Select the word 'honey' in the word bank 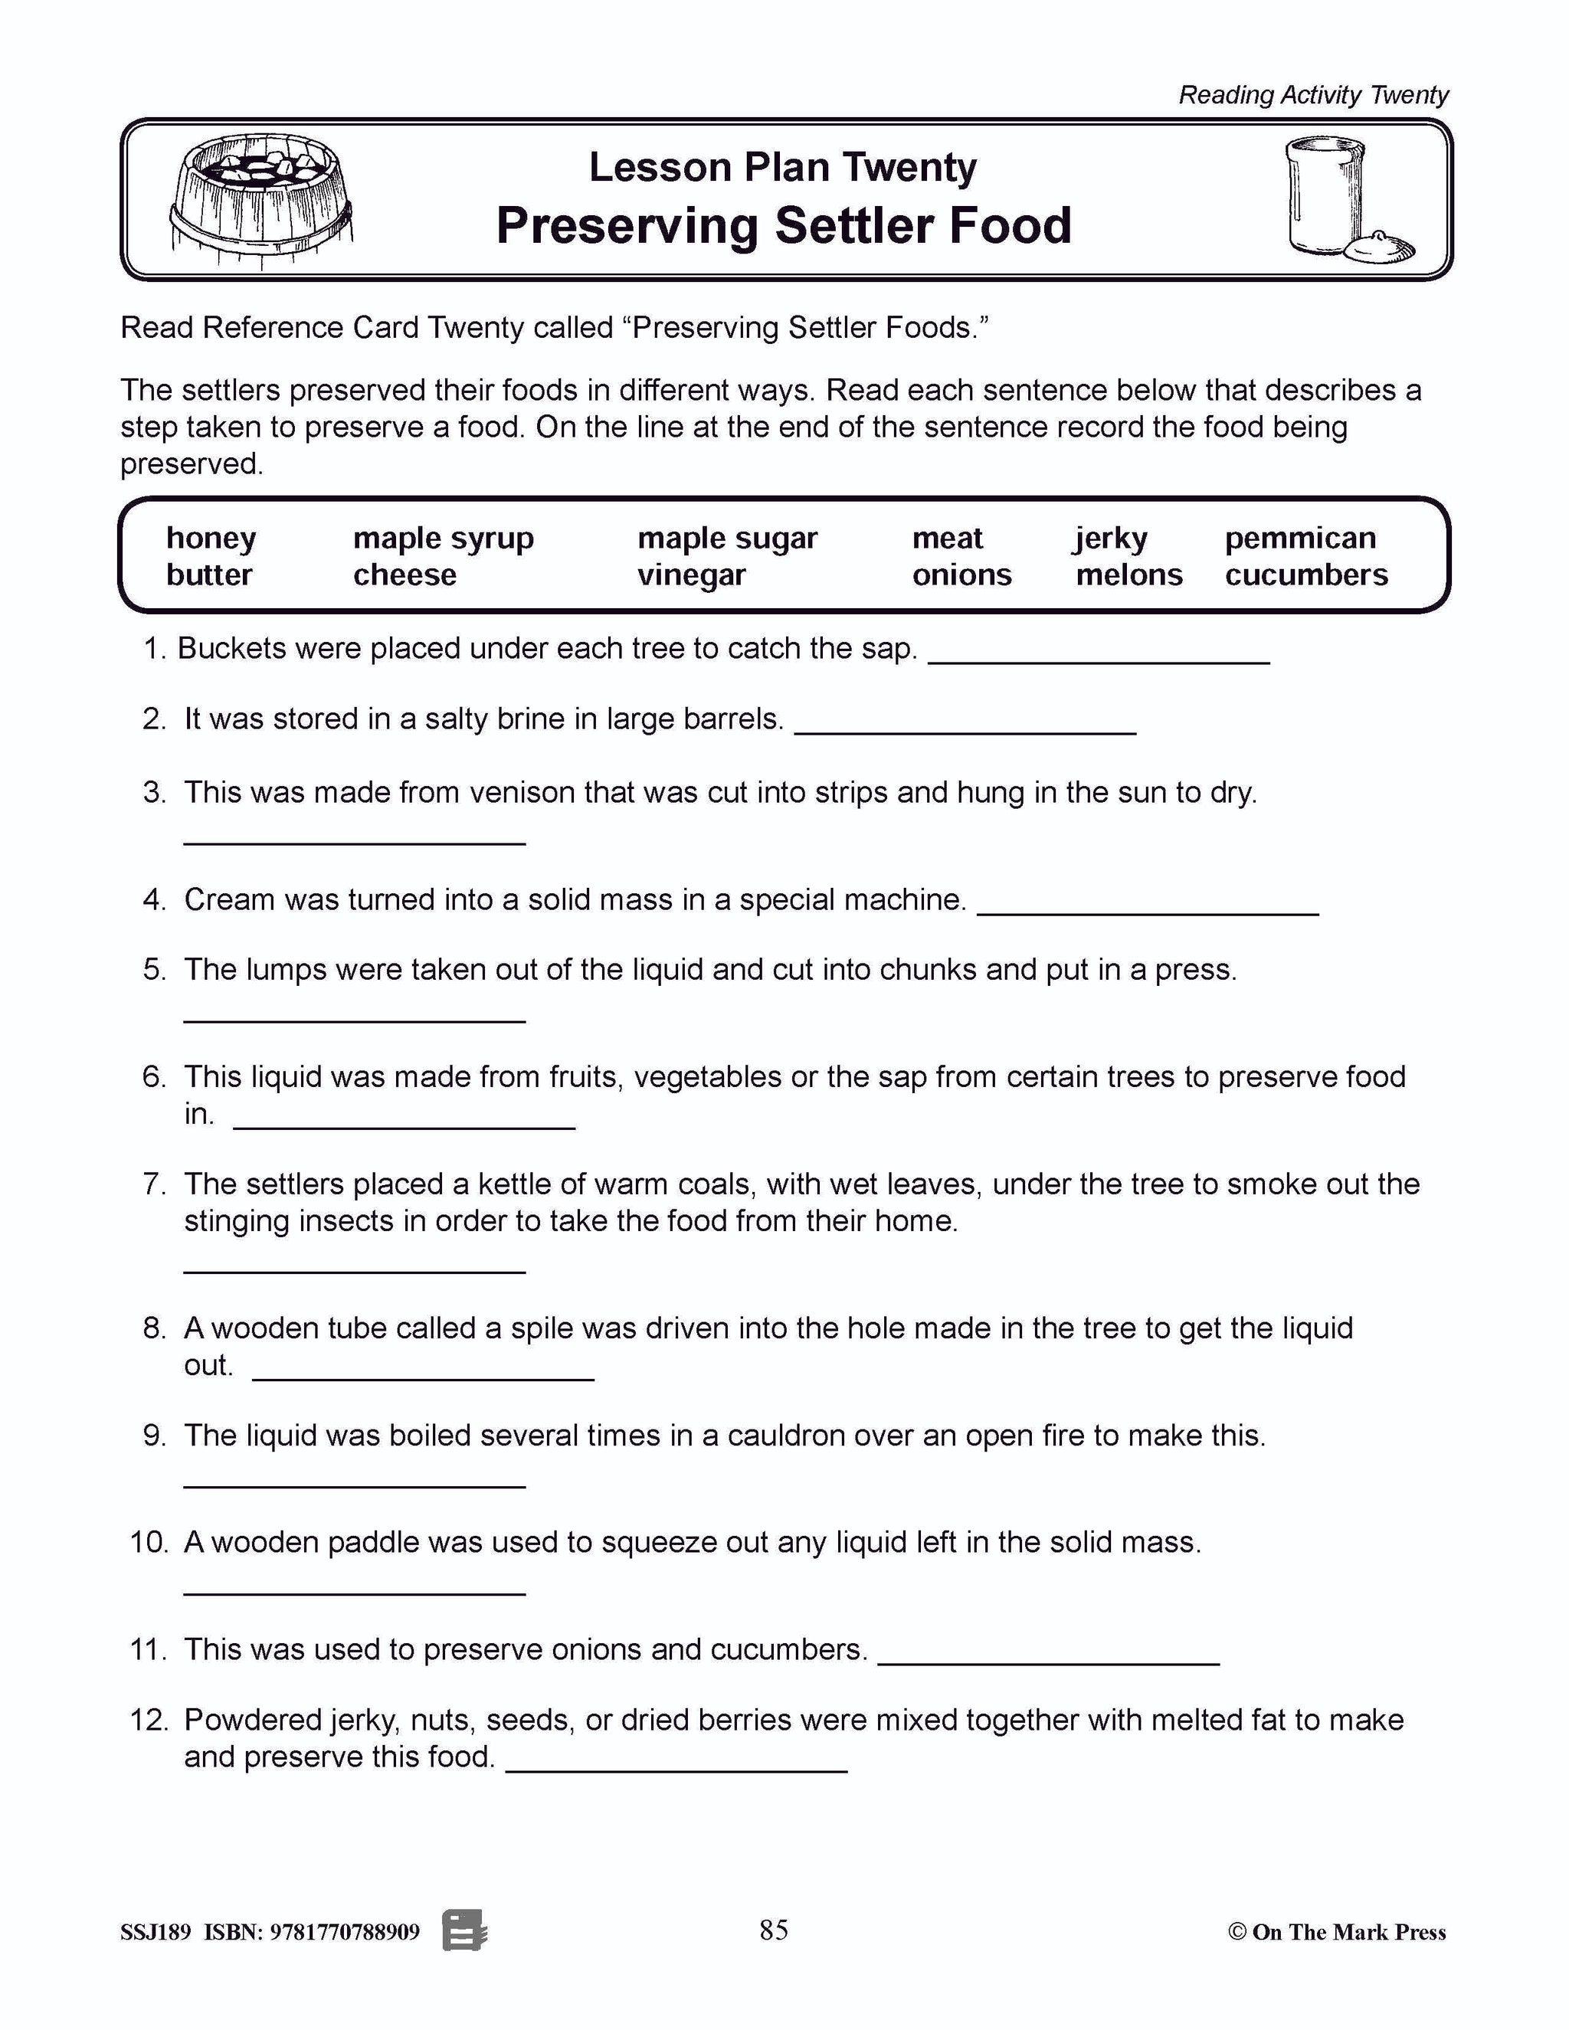(211, 539)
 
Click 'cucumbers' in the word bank (1306, 575)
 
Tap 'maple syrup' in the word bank (444, 539)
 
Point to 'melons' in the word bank (1128, 575)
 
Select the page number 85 (773, 1930)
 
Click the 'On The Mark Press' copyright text (1337, 1933)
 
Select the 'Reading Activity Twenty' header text (1312, 95)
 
